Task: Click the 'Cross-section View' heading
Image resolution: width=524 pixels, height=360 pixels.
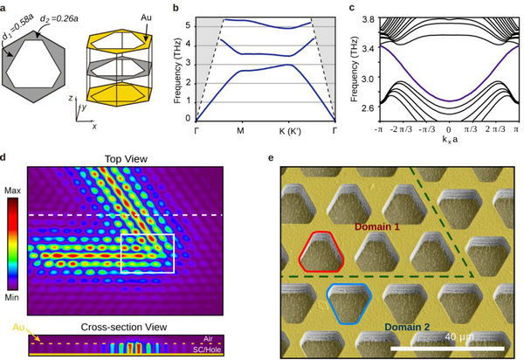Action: (x=125, y=321)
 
